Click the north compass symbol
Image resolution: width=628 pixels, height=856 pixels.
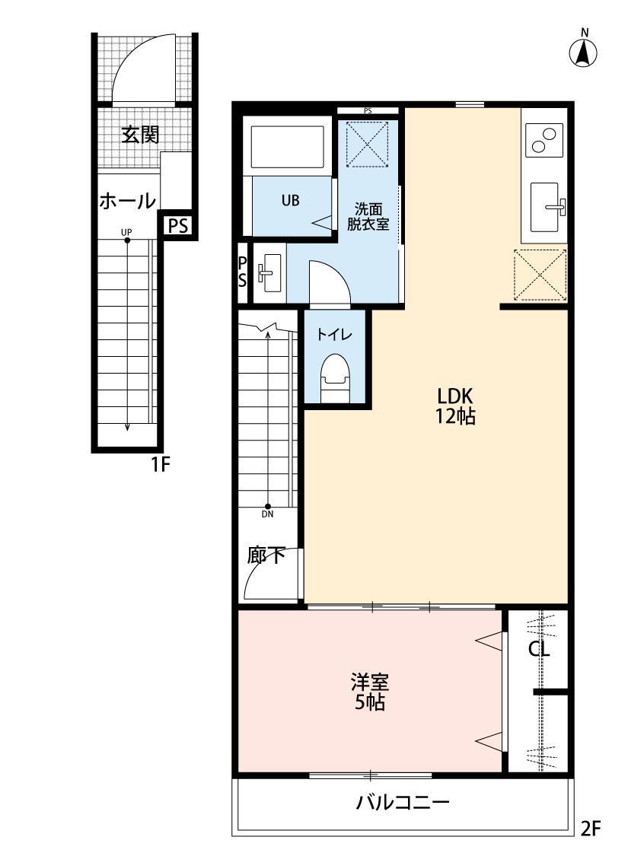(584, 52)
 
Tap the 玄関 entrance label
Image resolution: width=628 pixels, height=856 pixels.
(140, 135)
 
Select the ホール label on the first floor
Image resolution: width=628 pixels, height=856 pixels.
(128, 201)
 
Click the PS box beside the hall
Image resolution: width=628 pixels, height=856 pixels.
(178, 225)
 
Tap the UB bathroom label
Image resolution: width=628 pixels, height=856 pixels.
(290, 201)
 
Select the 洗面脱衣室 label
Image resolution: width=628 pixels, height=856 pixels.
(369, 215)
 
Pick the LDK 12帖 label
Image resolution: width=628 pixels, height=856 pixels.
(456, 406)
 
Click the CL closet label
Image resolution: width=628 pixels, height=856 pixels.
(540, 649)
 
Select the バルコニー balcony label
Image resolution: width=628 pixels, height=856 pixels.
(403, 803)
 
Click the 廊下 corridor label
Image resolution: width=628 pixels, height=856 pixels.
(266, 555)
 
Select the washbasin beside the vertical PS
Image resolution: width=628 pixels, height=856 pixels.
(268, 272)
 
